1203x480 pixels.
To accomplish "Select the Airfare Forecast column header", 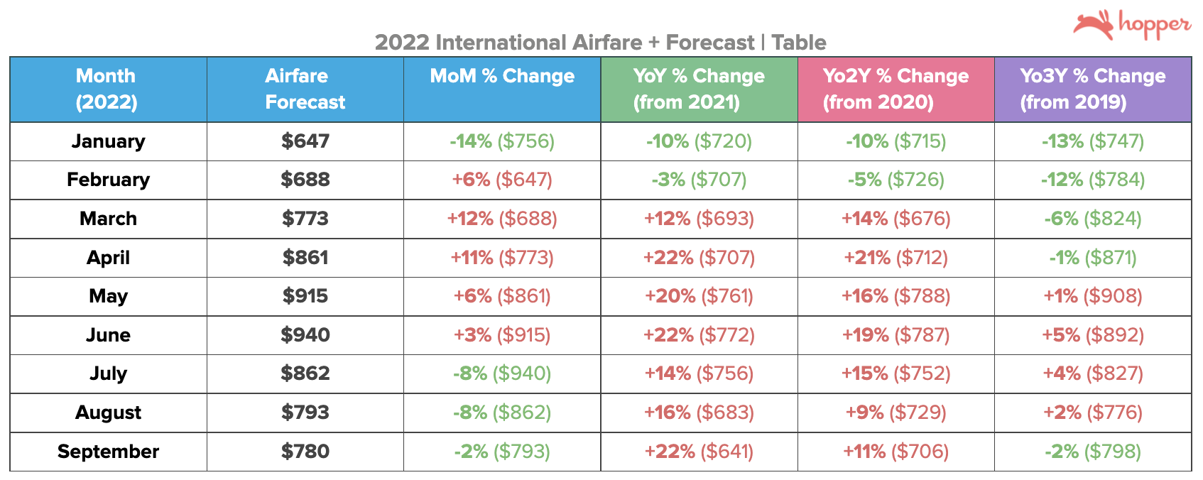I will (305, 89).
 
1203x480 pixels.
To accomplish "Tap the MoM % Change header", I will (502, 77).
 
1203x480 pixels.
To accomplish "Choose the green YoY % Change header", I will (699, 89).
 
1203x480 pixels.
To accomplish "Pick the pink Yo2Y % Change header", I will (896, 89).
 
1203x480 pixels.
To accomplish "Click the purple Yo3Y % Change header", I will (1092, 89).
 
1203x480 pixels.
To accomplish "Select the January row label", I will (108, 141).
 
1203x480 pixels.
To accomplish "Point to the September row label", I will (108, 452).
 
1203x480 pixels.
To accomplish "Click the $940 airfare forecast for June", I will (305, 335).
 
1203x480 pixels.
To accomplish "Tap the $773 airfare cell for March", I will (305, 219).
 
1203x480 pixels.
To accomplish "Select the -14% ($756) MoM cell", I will (502, 141).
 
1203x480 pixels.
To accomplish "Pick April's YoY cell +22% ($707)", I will (699, 258).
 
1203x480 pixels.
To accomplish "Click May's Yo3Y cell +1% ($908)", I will (1092, 296).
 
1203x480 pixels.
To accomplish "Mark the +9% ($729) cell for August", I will (896, 413).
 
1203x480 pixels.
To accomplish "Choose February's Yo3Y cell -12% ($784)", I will (1092, 180).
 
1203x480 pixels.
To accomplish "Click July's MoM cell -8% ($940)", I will (502, 373).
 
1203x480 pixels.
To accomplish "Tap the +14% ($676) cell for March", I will (896, 219).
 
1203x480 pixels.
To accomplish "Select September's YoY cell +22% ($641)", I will (699, 452).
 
